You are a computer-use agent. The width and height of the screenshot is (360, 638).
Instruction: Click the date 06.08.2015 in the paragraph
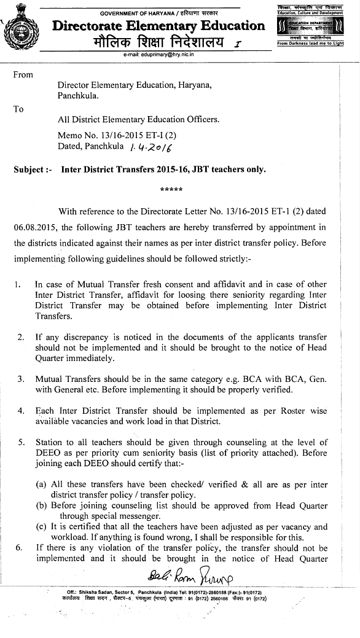pyautogui.click(x=33, y=227)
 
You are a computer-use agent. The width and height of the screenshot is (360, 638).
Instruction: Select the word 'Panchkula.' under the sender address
pyautogui.click(x=77, y=96)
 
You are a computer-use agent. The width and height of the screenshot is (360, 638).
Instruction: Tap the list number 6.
pyautogui.click(x=18, y=548)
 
